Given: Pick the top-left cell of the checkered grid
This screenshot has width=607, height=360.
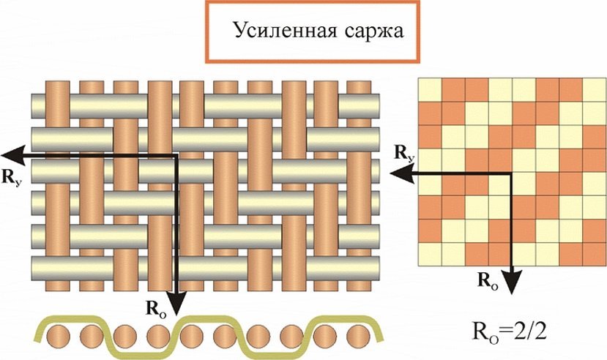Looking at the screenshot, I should point(430,89).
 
